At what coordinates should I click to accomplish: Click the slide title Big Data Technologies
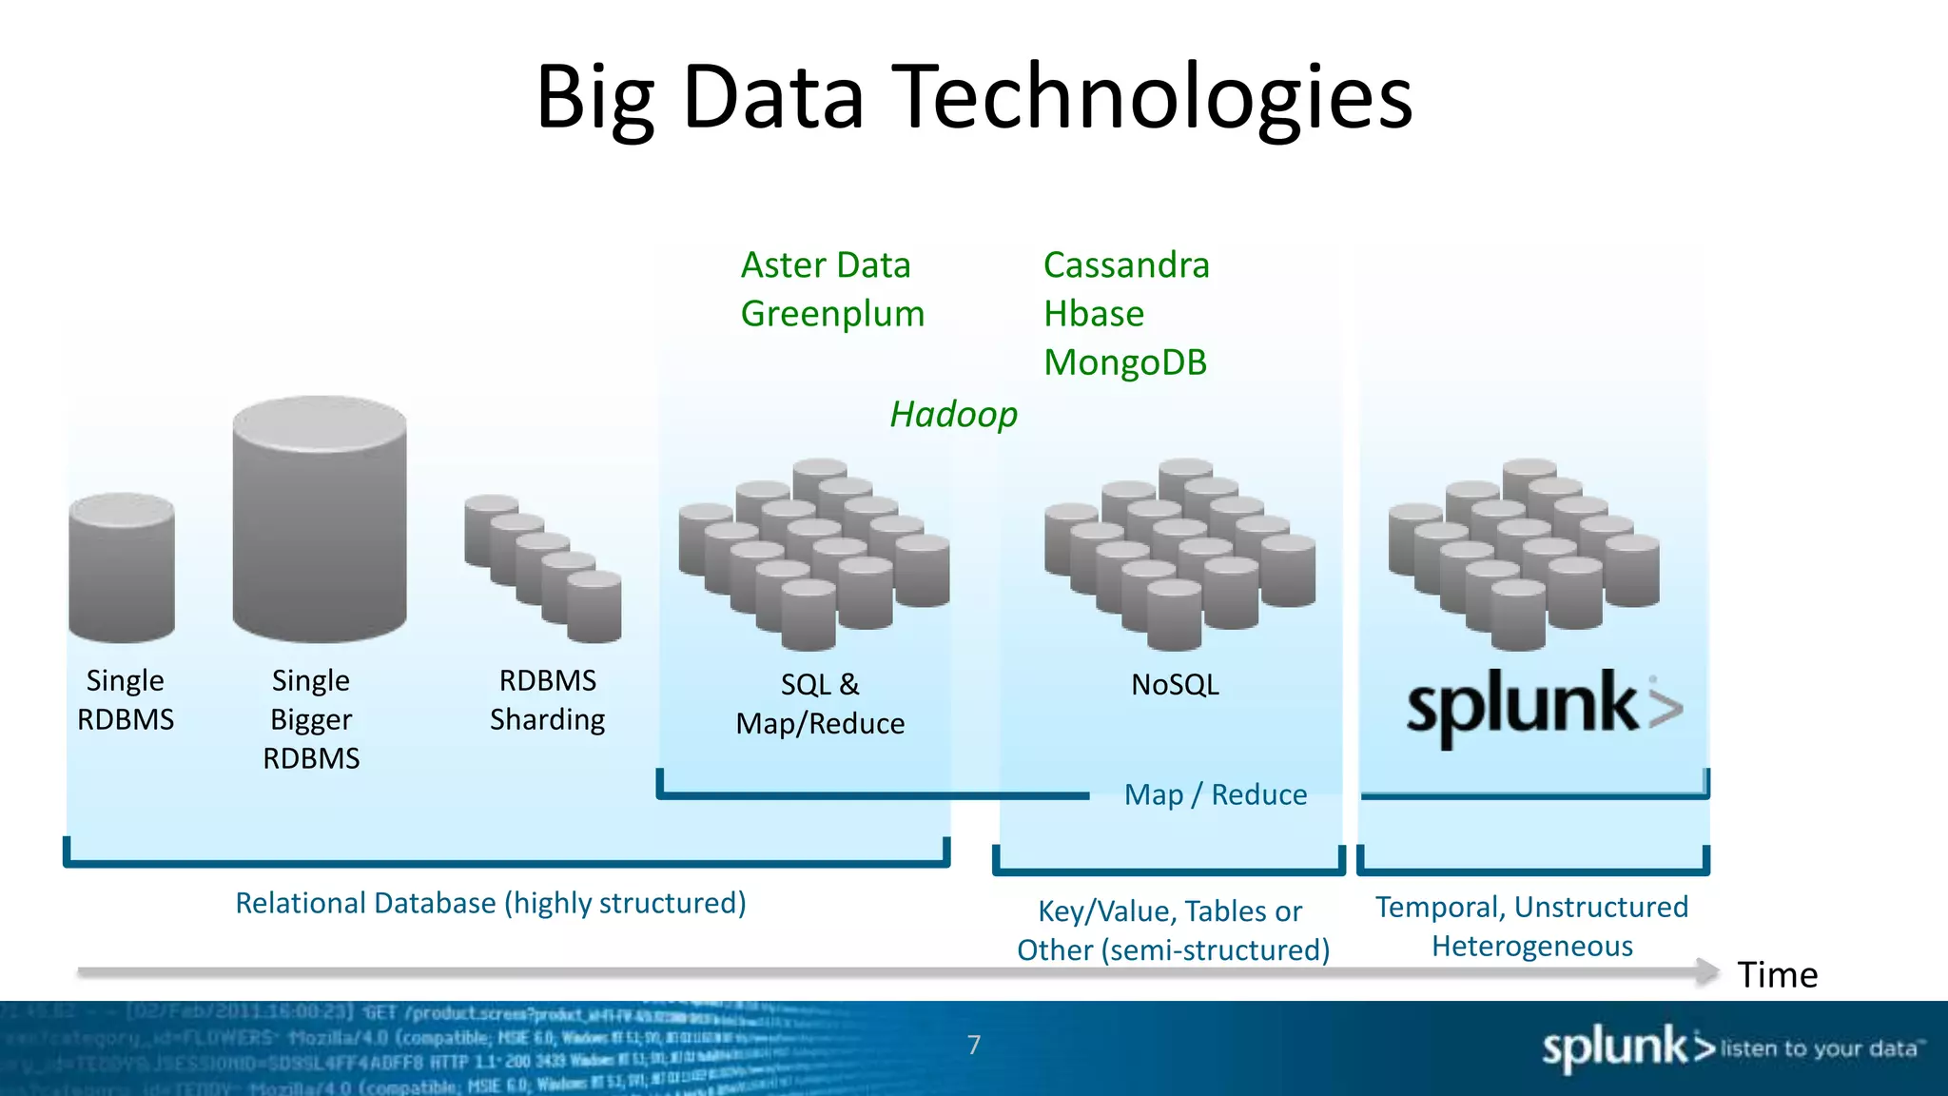pyautogui.click(x=974, y=97)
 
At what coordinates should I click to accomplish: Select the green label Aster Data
pyautogui.click(x=826, y=265)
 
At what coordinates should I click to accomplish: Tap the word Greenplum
pyautogui.click(x=832, y=314)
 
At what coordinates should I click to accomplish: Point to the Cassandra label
pyautogui.click(x=1126, y=265)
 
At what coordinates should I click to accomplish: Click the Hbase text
pyautogui.click(x=1094, y=314)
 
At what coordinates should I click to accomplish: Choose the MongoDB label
pyautogui.click(x=1125, y=362)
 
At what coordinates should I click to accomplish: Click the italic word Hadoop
pyautogui.click(x=953, y=415)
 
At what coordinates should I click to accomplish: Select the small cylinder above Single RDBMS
pyautogui.click(x=122, y=567)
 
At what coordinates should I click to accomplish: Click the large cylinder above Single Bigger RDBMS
pyautogui.click(x=320, y=519)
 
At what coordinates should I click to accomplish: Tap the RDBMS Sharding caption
pyautogui.click(x=548, y=700)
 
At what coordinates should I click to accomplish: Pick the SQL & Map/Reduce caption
pyautogui.click(x=820, y=704)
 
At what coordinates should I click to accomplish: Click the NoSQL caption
pyautogui.click(x=1175, y=685)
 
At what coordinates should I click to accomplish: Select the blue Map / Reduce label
pyautogui.click(x=1216, y=794)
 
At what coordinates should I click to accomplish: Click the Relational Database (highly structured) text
pyautogui.click(x=491, y=903)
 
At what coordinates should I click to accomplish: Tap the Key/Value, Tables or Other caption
pyautogui.click(x=1172, y=930)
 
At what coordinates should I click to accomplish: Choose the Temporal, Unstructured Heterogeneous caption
pyautogui.click(x=1531, y=927)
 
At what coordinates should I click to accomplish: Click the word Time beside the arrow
pyautogui.click(x=1777, y=975)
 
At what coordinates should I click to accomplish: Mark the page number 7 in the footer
pyautogui.click(x=974, y=1045)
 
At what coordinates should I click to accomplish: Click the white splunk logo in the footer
pyautogui.click(x=1627, y=1047)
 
